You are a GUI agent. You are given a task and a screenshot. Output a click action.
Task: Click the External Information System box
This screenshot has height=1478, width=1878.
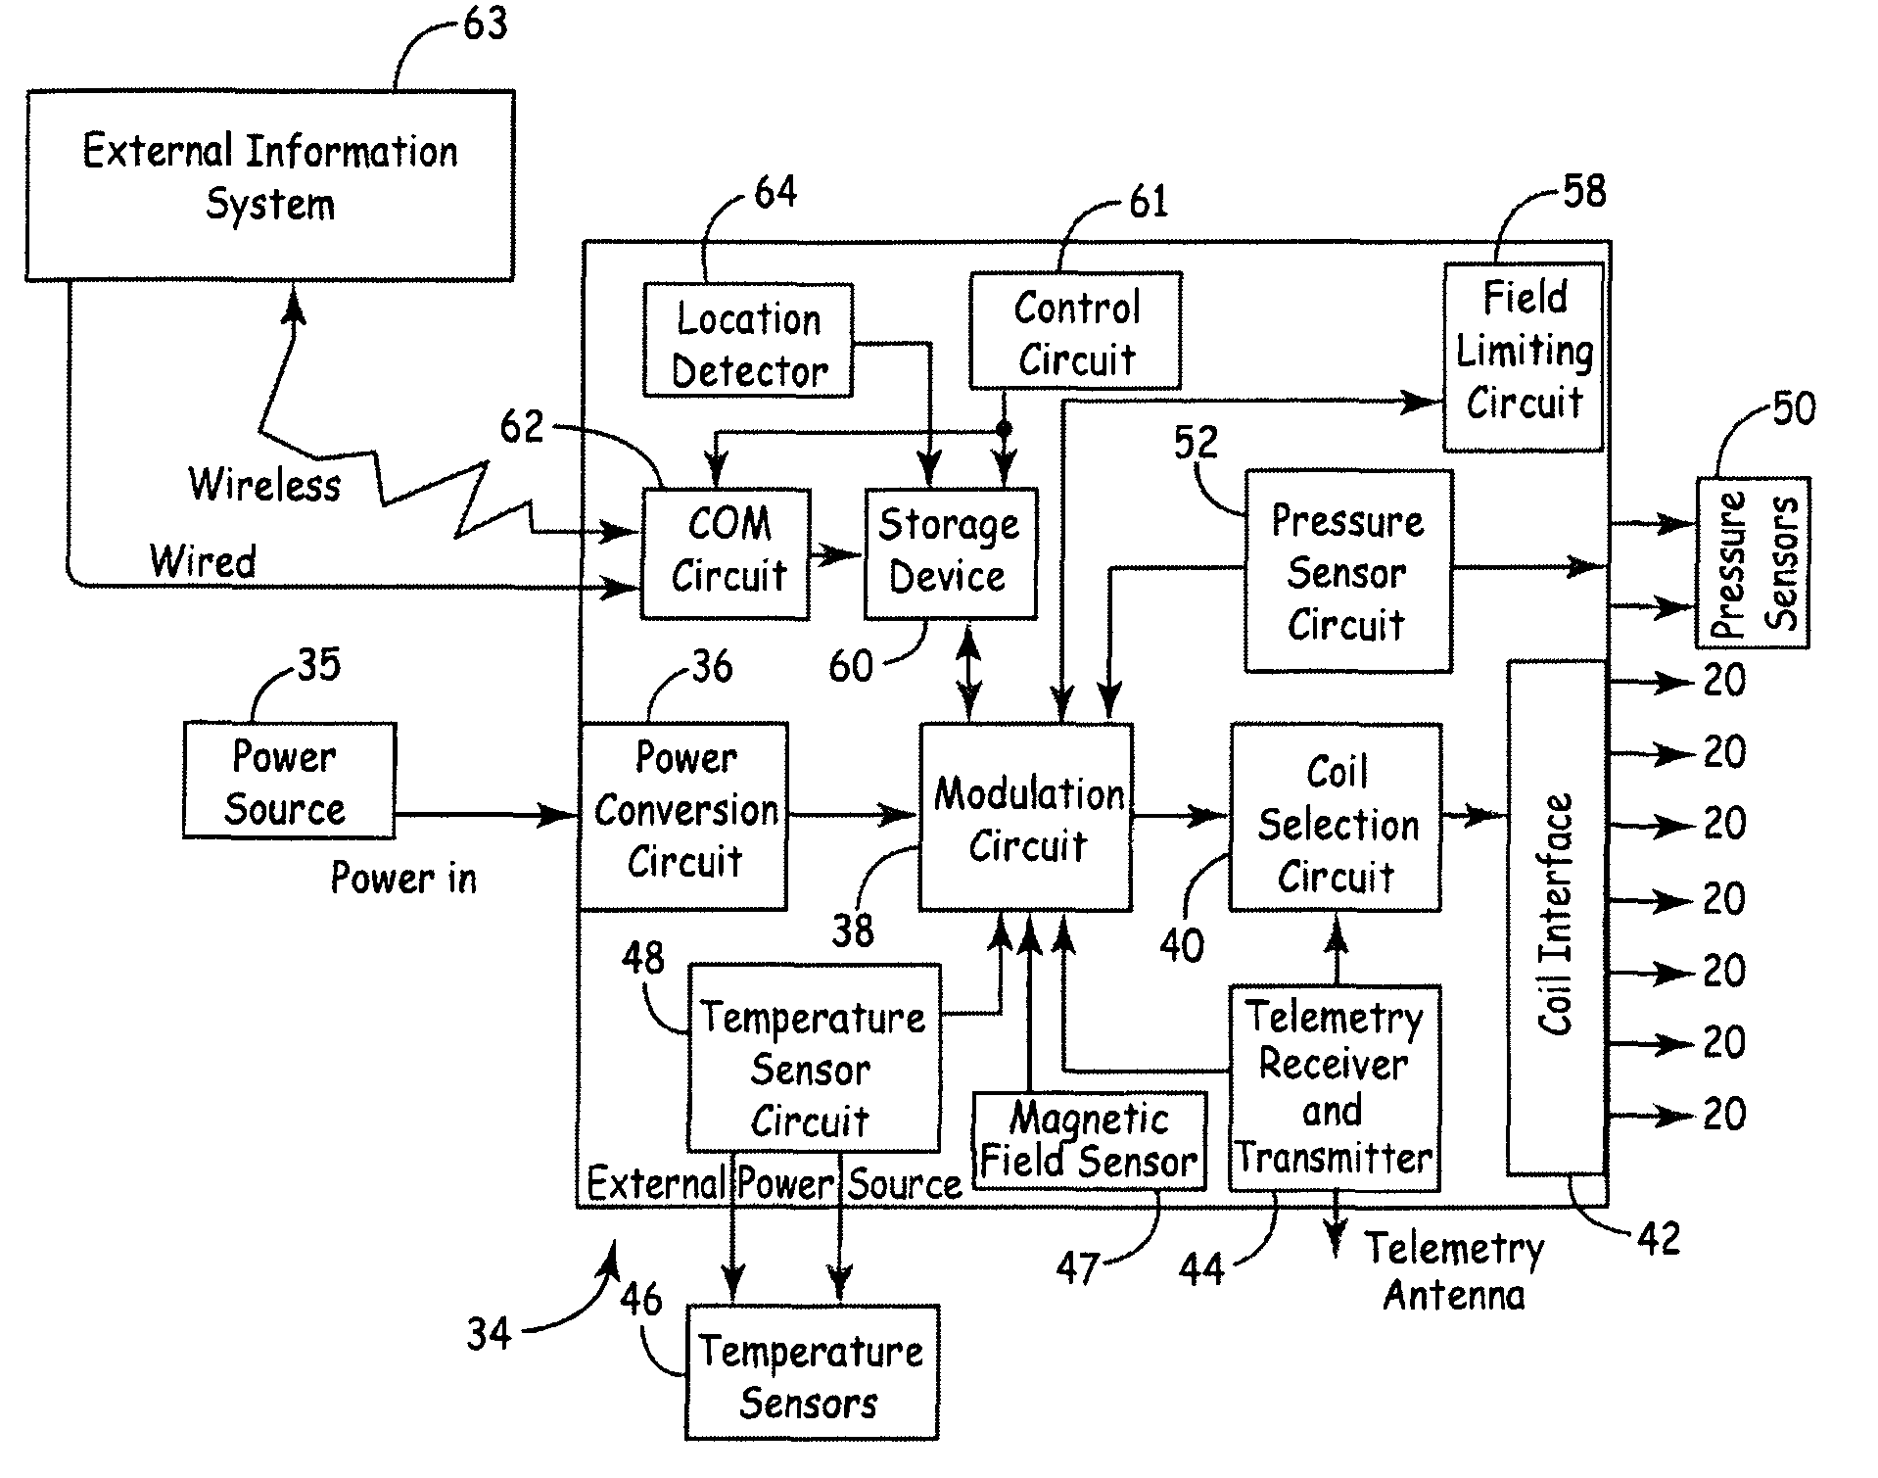click(269, 186)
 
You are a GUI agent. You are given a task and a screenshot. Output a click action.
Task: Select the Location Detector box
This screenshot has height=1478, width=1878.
click(748, 341)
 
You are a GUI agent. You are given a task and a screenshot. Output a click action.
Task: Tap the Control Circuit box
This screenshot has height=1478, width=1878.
click(1075, 331)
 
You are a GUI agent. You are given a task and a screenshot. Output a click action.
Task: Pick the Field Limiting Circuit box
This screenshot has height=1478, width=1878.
click(1524, 357)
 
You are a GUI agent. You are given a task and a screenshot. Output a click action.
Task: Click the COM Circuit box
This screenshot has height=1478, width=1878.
click(726, 553)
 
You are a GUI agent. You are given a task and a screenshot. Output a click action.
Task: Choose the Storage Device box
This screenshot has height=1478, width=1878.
click(950, 553)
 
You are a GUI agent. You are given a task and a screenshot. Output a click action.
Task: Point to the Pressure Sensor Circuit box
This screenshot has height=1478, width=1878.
click(1347, 571)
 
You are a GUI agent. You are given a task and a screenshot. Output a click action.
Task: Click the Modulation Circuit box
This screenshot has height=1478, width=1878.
click(1025, 818)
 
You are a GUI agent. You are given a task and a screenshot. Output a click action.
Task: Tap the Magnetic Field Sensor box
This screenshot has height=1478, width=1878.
click(1089, 1141)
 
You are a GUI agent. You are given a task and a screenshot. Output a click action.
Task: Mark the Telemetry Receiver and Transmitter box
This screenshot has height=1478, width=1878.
click(1334, 1088)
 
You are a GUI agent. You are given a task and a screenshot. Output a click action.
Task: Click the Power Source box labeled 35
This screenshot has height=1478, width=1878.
click(289, 781)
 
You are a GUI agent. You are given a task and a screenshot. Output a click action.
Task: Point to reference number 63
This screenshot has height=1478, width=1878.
click(486, 24)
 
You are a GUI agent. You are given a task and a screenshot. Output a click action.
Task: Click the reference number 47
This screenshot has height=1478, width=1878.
click(1077, 1269)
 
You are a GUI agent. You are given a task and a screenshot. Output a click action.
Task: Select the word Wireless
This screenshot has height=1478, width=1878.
click(264, 485)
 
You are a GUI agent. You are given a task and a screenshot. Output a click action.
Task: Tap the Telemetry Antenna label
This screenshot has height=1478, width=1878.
click(1454, 1271)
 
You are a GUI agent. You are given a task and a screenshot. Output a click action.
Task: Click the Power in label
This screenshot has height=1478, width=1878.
click(403, 878)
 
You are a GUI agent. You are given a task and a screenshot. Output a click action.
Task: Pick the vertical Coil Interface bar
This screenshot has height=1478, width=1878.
click(1556, 917)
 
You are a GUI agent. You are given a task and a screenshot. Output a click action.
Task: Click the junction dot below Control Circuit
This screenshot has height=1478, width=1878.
click(1004, 429)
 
